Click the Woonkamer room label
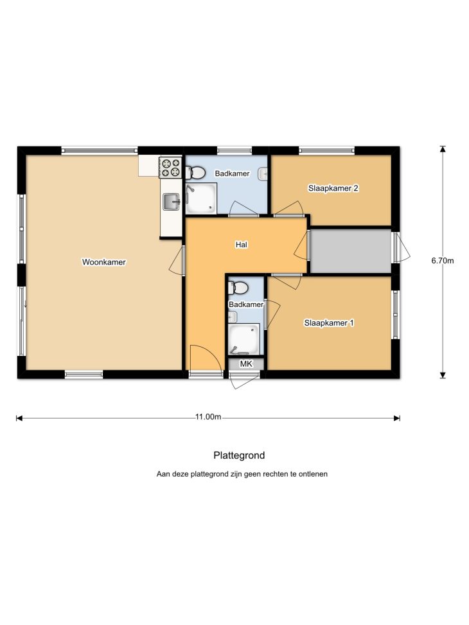coord(103,262)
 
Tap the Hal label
coord(242,244)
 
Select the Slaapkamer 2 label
coord(333,188)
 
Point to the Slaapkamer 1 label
coord(328,323)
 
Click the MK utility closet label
coord(246,364)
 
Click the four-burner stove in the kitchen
coord(171,168)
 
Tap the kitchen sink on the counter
coord(172,201)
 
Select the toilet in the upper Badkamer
coord(195,173)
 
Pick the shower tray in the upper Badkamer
coord(201,198)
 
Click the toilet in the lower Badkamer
coord(238,287)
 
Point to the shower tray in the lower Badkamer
coord(243,339)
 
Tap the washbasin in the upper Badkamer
coord(263,174)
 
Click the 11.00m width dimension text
coord(208,417)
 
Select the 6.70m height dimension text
coord(442,261)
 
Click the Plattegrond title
coord(239,455)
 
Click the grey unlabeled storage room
coord(351,251)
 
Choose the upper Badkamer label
coord(232,173)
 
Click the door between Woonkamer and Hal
coord(178,260)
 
